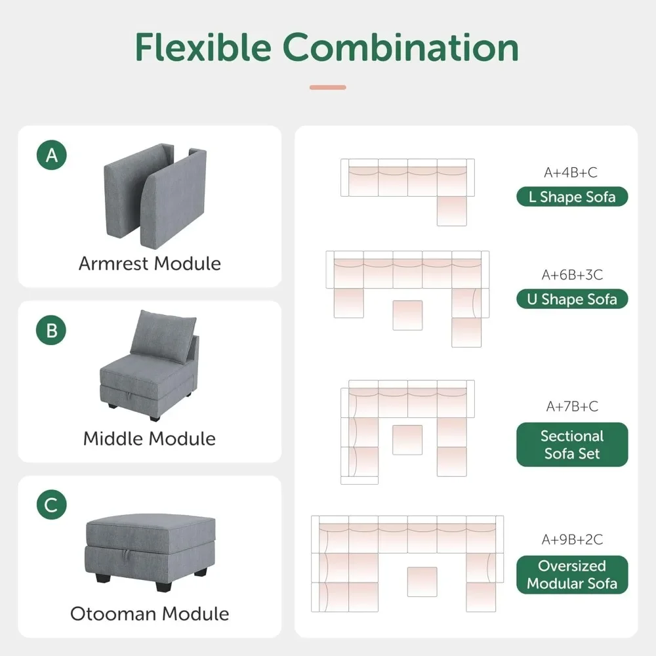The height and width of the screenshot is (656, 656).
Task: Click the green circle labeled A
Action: click(x=52, y=155)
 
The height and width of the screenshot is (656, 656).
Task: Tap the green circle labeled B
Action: click(x=52, y=331)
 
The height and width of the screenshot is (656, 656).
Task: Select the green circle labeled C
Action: click(x=52, y=505)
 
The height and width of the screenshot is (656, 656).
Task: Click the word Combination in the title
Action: click(x=401, y=47)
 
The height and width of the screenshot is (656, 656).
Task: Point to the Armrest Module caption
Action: click(x=150, y=264)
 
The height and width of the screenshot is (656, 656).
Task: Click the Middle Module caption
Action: click(x=150, y=438)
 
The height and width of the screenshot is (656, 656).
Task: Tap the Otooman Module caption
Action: click(x=150, y=614)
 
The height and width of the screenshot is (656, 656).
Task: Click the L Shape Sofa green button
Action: click(x=572, y=197)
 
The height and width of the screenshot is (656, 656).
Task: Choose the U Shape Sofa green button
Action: click(x=572, y=299)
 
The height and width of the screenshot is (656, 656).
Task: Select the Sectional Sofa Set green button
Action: click(x=572, y=445)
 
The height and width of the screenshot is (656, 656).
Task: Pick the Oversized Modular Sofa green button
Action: click(x=572, y=575)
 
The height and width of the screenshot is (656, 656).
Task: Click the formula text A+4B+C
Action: click(x=571, y=173)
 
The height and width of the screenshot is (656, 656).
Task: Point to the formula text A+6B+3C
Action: click(x=572, y=274)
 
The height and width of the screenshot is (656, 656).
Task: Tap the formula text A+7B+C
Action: click(x=572, y=407)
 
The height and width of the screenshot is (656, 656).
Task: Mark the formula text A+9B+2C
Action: click(x=572, y=540)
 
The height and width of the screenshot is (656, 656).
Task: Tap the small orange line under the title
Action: click(x=327, y=87)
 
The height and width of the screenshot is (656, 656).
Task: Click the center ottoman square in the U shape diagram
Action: click(x=408, y=315)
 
